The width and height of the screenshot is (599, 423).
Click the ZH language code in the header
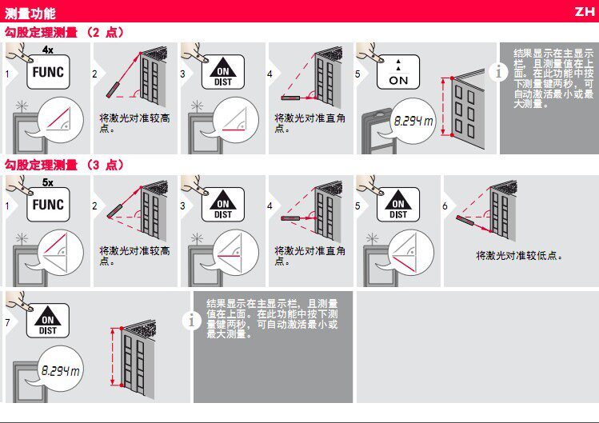pyautogui.click(x=585, y=11)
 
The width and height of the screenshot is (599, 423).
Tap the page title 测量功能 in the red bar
pyautogui.click(x=30, y=14)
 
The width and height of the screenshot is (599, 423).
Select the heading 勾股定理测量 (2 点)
pyautogui.click(x=64, y=32)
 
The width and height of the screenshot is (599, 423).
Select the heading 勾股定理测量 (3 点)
pyautogui.click(x=64, y=165)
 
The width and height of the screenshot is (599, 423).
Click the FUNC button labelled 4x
pyautogui.click(x=48, y=72)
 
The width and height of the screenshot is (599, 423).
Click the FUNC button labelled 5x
pyautogui.click(x=48, y=205)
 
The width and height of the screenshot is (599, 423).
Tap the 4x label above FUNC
pyautogui.click(x=48, y=50)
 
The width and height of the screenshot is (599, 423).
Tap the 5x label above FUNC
pyautogui.click(x=48, y=182)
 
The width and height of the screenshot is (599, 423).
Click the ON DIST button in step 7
pyautogui.click(x=48, y=320)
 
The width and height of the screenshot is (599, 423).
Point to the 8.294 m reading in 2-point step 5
pyautogui.click(x=413, y=121)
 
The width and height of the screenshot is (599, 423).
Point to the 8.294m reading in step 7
pyautogui.click(x=60, y=370)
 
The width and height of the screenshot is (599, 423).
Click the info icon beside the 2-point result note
pyautogui.click(x=498, y=72)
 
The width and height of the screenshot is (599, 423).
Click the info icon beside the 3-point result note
pyautogui.click(x=191, y=320)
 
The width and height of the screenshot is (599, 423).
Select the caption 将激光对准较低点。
pyautogui.click(x=520, y=255)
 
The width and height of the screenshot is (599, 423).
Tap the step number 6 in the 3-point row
pyautogui.click(x=445, y=206)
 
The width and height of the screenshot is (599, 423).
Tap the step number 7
pyautogui.click(x=7, y=322)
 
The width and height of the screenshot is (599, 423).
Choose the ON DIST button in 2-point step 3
pyautogui.click(x=223, y=72)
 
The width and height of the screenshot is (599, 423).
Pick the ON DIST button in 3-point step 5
pyautogui.click(x=398, y=205)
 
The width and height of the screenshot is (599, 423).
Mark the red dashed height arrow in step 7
pyautogui.click(x=112, y=357)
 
